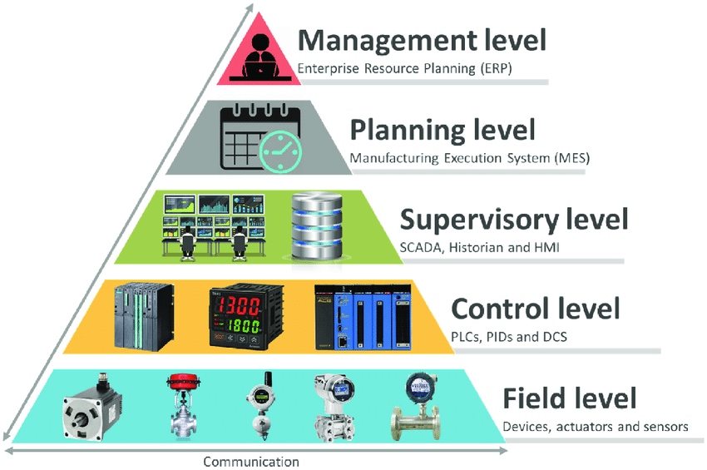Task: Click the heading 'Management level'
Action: coord(422,40)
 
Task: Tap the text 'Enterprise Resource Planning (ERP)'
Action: coord(404,68)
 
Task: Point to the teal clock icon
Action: coord(280,151)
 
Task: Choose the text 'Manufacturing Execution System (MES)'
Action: coord(469,158)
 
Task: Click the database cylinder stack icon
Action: coord(317,226)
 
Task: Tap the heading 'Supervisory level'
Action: coord(513,220)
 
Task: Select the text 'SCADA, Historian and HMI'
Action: coord(479,248)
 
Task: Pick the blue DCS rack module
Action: coord(363,317)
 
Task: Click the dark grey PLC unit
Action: coord(144,315)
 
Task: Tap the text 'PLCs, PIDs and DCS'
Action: coord(508,337)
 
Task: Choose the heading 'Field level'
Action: coord(569,398)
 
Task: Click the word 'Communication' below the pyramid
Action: coord(251,462)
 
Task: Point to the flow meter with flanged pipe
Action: coord(415,407)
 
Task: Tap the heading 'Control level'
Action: coord(535,309)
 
